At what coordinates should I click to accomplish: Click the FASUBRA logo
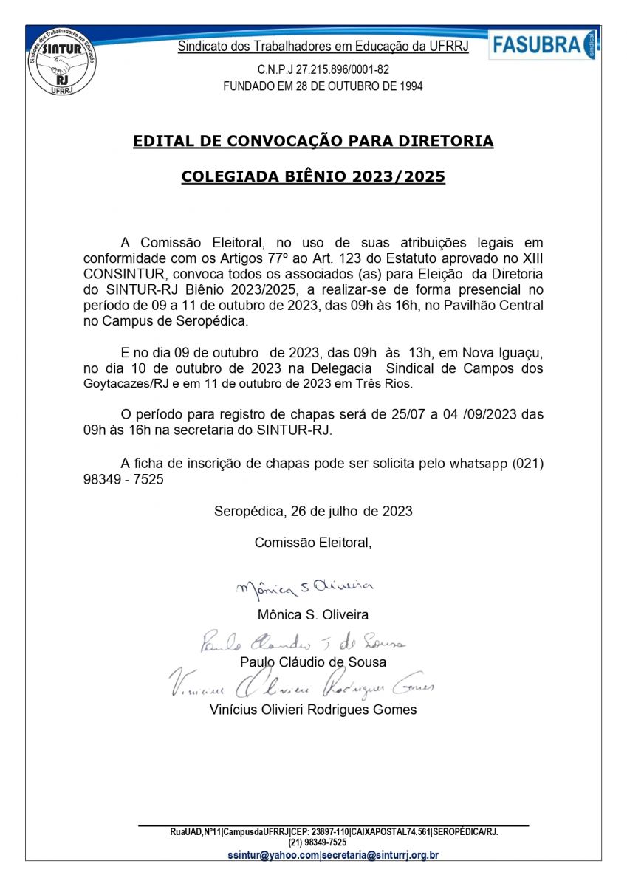point(544,45)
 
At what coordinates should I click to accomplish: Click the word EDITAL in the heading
point(162,141)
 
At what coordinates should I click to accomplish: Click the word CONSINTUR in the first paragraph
point(117,274)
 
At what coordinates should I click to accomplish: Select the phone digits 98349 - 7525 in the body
point(123,479)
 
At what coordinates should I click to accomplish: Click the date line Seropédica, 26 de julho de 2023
point(313,511)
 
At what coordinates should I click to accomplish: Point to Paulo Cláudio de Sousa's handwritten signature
point(303,642)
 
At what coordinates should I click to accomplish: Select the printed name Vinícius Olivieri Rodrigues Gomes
point(313,710)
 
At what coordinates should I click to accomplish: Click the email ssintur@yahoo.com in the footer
point(273,856)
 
